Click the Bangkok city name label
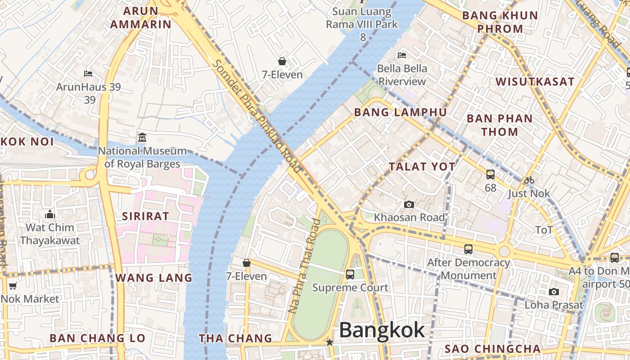(382, 330)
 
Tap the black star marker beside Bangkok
(330, 342)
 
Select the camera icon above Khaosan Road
(409, 205)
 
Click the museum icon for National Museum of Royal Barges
(142, 137)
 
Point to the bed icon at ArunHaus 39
(88, 73)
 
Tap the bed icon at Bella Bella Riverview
(402, 55)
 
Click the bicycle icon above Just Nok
(529, 180)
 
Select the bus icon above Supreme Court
(350, 274)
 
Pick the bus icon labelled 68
(490, 175)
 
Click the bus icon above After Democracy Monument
(468, 249)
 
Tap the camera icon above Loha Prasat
(554, 292)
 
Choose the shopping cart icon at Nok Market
(13, 286)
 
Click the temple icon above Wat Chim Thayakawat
(50, 214)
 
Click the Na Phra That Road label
(305, 265)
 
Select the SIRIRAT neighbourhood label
(145, 216)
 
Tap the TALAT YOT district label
(422, 166)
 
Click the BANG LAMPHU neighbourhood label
(400, 112)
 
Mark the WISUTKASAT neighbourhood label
(535, 81)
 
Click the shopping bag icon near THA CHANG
(247, 263)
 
